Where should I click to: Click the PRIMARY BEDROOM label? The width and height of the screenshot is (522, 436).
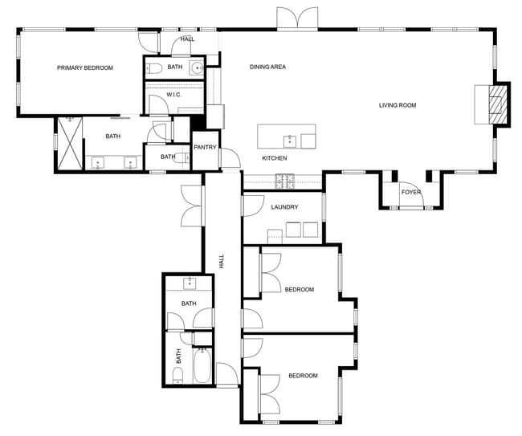(x=84, y=68)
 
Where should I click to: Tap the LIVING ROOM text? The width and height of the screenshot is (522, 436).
(x=398, y=105)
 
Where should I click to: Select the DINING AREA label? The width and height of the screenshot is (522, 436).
(x=267, y=67)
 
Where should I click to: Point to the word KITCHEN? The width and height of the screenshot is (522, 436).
(x=275, y=158)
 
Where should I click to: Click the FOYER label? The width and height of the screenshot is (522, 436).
(x=411, y=192)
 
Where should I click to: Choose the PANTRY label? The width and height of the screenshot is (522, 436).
(x=206, y=147)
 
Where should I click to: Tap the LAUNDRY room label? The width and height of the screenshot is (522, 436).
(x=284, y=207)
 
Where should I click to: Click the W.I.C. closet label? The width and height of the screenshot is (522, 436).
(x=173, y=95)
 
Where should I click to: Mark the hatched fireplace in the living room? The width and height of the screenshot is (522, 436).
(x=499, y=105)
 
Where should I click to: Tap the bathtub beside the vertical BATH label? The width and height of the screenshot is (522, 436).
(x=202, y=368)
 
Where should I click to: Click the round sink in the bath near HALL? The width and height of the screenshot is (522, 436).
(x=198, y=68)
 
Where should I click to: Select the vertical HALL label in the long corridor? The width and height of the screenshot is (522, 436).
(x=221, y=262)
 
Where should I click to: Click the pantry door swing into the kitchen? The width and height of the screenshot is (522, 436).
(x=230, y=159)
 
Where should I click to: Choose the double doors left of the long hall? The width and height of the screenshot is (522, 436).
(x=192, y=206)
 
